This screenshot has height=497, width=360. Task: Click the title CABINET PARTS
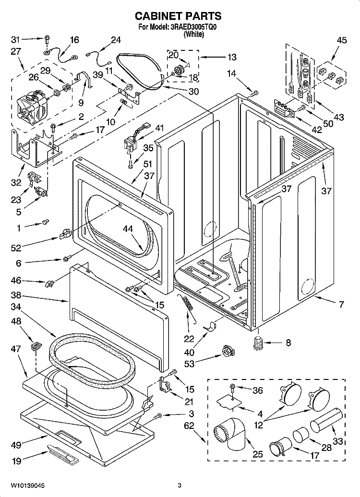180,16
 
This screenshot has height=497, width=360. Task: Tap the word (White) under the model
194,35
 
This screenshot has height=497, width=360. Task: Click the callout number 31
16,39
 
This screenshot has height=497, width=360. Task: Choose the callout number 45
341,41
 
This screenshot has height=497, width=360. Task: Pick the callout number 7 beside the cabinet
341,304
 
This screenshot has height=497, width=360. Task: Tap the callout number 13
231,57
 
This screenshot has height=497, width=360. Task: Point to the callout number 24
116,40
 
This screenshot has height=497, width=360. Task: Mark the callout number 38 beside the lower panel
16,296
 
